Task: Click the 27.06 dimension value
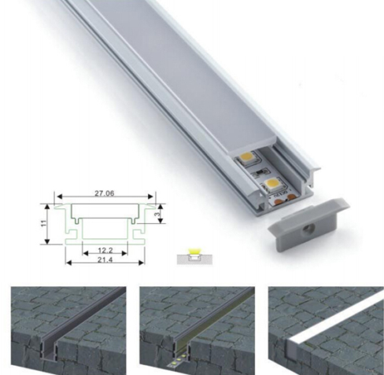point(105,193)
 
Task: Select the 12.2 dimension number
point(105,251)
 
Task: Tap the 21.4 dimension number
point(105,259)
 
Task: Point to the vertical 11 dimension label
point(43,223)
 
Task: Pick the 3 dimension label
point(157,214)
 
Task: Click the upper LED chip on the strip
point(249,159)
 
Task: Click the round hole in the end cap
point(307,230)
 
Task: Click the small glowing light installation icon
point(194,256)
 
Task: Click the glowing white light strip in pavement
point(336,318)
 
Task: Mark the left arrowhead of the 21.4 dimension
point(68,263)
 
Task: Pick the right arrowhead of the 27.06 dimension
point(150,197)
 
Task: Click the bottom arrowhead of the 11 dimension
point(47,241)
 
